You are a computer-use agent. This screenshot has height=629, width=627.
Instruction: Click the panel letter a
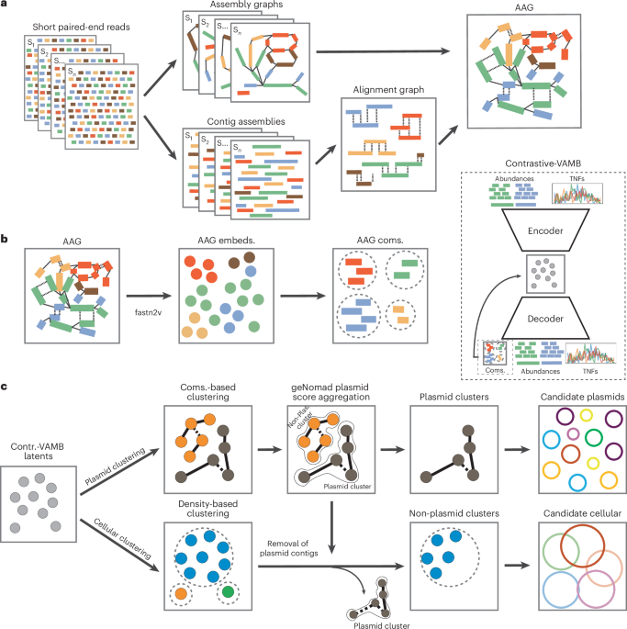pyautogui.click(x=6, y=6)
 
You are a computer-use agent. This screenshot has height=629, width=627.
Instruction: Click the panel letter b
pyautogui.click(x=6, y=239)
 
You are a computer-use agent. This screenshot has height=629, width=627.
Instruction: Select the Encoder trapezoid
pyautogui.click(x=532, y=229)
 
